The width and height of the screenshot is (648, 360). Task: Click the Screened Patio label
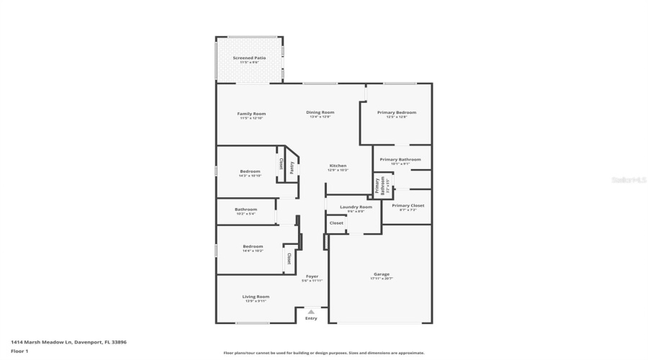(249, 58)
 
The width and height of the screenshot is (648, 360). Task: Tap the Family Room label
(252, 114)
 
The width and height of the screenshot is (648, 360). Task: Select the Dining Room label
(320, 112)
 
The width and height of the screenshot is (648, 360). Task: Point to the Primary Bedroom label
(397, 113)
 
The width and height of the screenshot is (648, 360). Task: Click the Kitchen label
(338, 166)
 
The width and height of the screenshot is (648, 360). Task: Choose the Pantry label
(292, 167)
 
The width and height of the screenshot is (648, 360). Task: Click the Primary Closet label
(408, 206)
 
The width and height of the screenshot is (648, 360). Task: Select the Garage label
(381, 274)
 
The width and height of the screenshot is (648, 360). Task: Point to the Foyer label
(312, 276)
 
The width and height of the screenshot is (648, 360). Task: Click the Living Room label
(256, 297)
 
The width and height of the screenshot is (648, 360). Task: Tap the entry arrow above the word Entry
(311, 311)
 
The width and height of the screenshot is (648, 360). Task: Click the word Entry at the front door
(311, 318)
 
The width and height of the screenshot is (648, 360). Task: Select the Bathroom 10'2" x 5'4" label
(246, 210)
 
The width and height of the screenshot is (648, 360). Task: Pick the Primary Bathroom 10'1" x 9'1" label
(400, 160)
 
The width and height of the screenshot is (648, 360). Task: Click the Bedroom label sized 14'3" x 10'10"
(250, 171)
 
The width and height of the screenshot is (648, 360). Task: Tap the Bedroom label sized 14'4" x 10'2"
(253, 247)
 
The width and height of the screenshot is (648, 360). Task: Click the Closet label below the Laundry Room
(336, 223)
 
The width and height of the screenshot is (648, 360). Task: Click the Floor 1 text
(19, 351)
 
